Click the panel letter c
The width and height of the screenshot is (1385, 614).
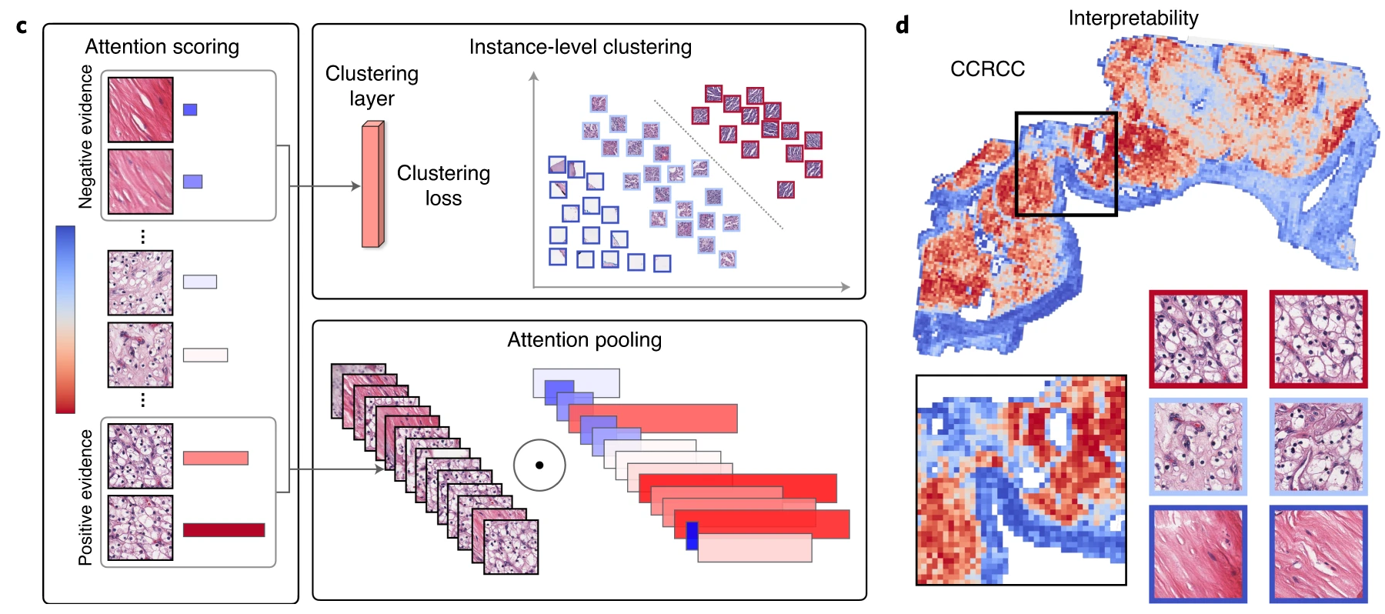[x=22, y=27]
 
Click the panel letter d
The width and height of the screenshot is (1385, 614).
[x=903, y=26]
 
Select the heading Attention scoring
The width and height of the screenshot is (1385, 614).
[x=162, y=47]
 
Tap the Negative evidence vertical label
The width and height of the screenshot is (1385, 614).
[x=85, y=137]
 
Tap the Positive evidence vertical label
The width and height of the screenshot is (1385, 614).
[x=85, y=497]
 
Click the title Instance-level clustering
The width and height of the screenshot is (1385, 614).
[x=580, y=47]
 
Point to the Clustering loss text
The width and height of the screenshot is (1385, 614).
[x=443, y=185]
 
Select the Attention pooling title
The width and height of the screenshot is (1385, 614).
[x=584, y=340]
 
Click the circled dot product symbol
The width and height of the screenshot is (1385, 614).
[x=539, y=465]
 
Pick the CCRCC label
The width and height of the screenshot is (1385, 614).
[x=987, y=69]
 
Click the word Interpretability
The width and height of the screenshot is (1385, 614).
[x=1133, y=18]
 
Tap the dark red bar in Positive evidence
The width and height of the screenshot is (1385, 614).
[x=224, y=530]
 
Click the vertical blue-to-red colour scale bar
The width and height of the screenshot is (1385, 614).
[x=65, y=319]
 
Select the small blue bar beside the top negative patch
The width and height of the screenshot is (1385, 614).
[x=190, y=110]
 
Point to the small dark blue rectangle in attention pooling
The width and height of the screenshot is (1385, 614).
[x=692, y=536]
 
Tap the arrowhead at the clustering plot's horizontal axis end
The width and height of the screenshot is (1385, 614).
[x=846, y=287]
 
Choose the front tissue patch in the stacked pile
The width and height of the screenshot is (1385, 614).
[x=511, y=547]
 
